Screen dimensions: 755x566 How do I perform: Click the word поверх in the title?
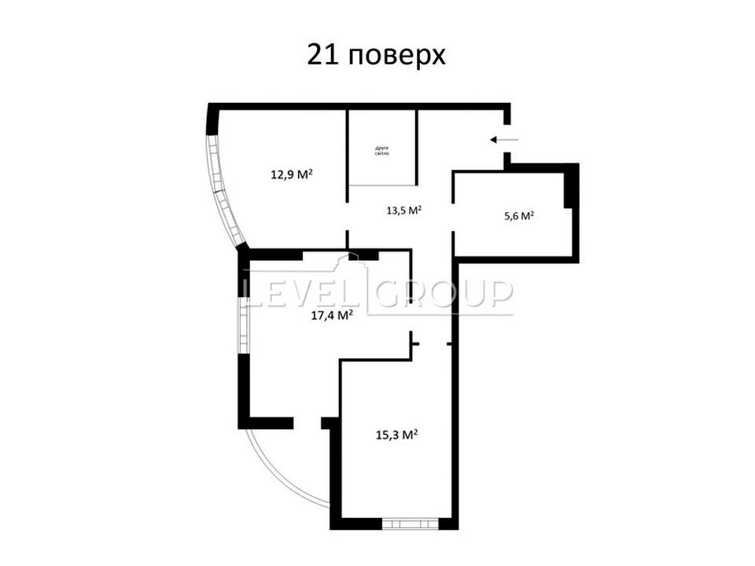[396, 57]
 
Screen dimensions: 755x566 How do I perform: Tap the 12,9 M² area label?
[292, 174]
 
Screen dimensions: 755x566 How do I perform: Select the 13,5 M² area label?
[404, 210]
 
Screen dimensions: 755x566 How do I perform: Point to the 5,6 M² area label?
[519, 215]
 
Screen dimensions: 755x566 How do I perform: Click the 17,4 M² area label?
[333, 315]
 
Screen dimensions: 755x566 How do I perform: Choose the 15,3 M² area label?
[396, 435]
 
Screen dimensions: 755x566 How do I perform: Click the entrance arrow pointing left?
[504, 140]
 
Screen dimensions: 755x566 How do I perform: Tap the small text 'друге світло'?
[382, 151]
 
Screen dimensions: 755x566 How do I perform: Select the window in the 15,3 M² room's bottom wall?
[411, 524]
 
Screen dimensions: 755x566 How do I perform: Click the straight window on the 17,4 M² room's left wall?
[244, 325]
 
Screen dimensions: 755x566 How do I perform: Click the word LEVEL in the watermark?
[304, 292]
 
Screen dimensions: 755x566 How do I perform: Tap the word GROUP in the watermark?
[444, 292]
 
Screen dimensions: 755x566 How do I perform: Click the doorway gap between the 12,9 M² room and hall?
[347, 216]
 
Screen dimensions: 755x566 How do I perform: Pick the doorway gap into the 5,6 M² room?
[453, 217]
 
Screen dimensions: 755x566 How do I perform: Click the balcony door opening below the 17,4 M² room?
[308, 423]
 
